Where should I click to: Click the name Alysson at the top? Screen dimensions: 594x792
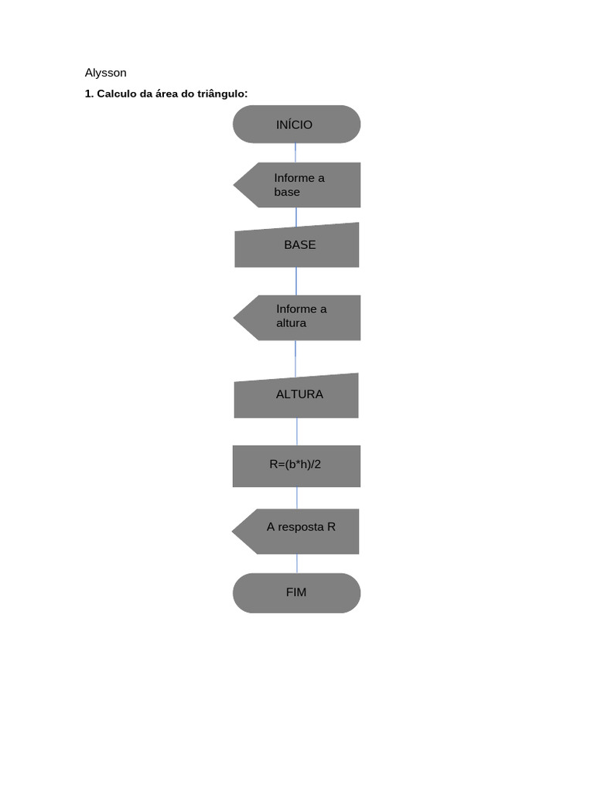click(105, 73)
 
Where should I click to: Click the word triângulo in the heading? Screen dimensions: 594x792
click(222, 94)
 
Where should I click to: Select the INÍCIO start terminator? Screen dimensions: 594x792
click(296, 125)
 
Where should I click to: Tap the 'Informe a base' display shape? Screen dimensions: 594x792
click(302, 185)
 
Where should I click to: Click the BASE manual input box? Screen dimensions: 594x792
click(297, 246)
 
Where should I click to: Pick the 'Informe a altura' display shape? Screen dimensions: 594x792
click(302, 317)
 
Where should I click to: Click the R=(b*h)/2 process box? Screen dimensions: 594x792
click(296, 466)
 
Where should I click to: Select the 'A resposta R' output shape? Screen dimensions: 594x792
click(300, 531)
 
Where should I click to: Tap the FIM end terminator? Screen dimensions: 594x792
click(296, 592)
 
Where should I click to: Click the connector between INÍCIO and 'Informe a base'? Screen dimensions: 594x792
click(295, 152)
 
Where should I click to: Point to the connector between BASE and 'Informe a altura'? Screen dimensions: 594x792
click(296, 281)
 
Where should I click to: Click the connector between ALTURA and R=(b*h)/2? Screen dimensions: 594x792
click(297, 431)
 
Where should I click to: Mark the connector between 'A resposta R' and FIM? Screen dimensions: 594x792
click(297, 563)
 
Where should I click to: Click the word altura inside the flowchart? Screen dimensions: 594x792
click(291, 323)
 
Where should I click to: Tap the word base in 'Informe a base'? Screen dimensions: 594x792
click(286, 192)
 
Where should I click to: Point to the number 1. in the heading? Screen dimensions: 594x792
click(89, 94)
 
